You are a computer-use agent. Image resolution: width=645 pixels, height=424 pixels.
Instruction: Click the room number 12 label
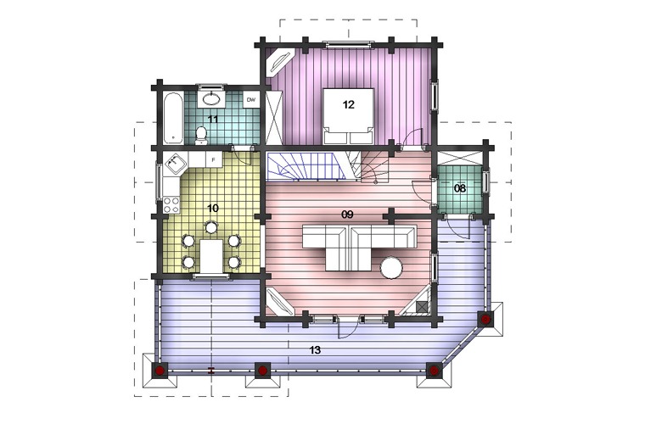(x=348, y=105)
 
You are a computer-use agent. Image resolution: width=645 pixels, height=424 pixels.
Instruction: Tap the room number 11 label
(x=213, y=120)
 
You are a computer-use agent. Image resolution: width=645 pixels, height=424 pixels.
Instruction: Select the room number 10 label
(x=213, y=209)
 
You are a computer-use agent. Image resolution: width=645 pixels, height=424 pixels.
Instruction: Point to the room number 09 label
(x=348, y=215)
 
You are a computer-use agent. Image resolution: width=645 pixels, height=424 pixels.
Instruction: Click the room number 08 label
(x=459, y=188)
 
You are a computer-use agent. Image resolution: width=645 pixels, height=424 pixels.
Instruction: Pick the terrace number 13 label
(x=315, y=350)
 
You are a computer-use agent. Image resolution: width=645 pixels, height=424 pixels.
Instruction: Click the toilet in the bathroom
(x=201, y=136)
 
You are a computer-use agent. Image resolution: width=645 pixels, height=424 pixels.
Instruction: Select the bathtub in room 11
(x=173, y=118)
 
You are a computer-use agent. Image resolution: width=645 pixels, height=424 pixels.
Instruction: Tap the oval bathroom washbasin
(x=211, y=99)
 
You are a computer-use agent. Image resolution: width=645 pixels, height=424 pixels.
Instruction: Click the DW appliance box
(x=251, y=99)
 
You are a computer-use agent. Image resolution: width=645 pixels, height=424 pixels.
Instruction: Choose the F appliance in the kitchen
(x=214, y=159)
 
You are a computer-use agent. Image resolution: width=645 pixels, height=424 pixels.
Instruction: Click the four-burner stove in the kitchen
(x=171, y=205)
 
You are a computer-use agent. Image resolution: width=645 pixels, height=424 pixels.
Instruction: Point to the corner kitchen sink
(x=176, y=164)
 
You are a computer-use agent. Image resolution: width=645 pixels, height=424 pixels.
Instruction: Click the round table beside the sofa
(x=391, y=268)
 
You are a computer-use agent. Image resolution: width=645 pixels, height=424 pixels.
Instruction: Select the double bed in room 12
(x=349, y=116)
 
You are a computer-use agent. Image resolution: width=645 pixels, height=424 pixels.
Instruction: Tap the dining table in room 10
(x=211, y=256)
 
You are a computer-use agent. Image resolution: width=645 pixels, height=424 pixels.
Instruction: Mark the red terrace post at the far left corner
(x=160, y=371)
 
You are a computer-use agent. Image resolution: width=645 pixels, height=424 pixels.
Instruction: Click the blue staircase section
(x=306, y=166)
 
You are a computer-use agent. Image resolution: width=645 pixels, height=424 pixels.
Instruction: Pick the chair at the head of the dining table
(x=211, y=227)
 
